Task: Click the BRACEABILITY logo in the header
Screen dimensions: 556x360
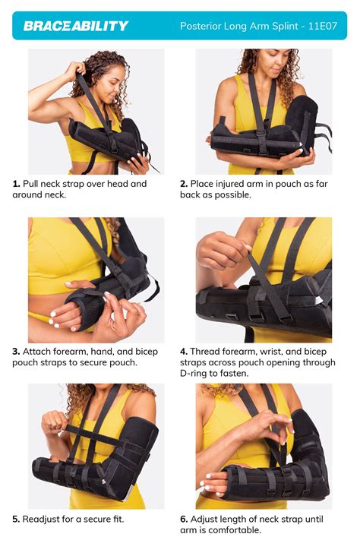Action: [x=76, y=26]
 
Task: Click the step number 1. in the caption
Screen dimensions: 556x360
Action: [x=16, y=184]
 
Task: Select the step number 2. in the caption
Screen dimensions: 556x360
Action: [x=184, y=184]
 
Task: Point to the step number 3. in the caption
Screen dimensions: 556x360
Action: [x=16, y=352]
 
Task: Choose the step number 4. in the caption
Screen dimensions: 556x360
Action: [x=184, y=352]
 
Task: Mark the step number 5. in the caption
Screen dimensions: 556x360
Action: [x=16, y=520]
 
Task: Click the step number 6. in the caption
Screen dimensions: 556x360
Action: [x=184, y=520]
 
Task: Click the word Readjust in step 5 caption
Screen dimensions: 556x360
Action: [x=44, y=520]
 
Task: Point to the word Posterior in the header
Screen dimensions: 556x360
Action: [x=201, y=26]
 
